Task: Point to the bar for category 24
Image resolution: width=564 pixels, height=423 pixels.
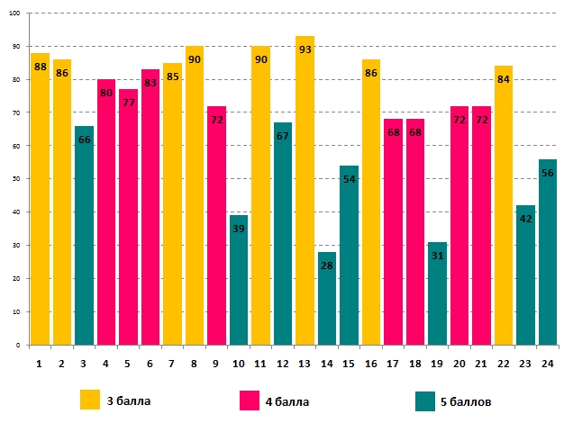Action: point(548,252)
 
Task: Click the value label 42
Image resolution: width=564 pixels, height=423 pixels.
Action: point(525,220)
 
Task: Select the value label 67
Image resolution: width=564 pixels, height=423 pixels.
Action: point(283,137)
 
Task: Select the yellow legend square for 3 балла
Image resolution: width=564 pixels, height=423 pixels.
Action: point(90,400)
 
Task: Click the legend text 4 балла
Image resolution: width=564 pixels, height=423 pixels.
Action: point(288,400)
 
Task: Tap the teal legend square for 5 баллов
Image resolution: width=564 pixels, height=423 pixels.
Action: point(423,400)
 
